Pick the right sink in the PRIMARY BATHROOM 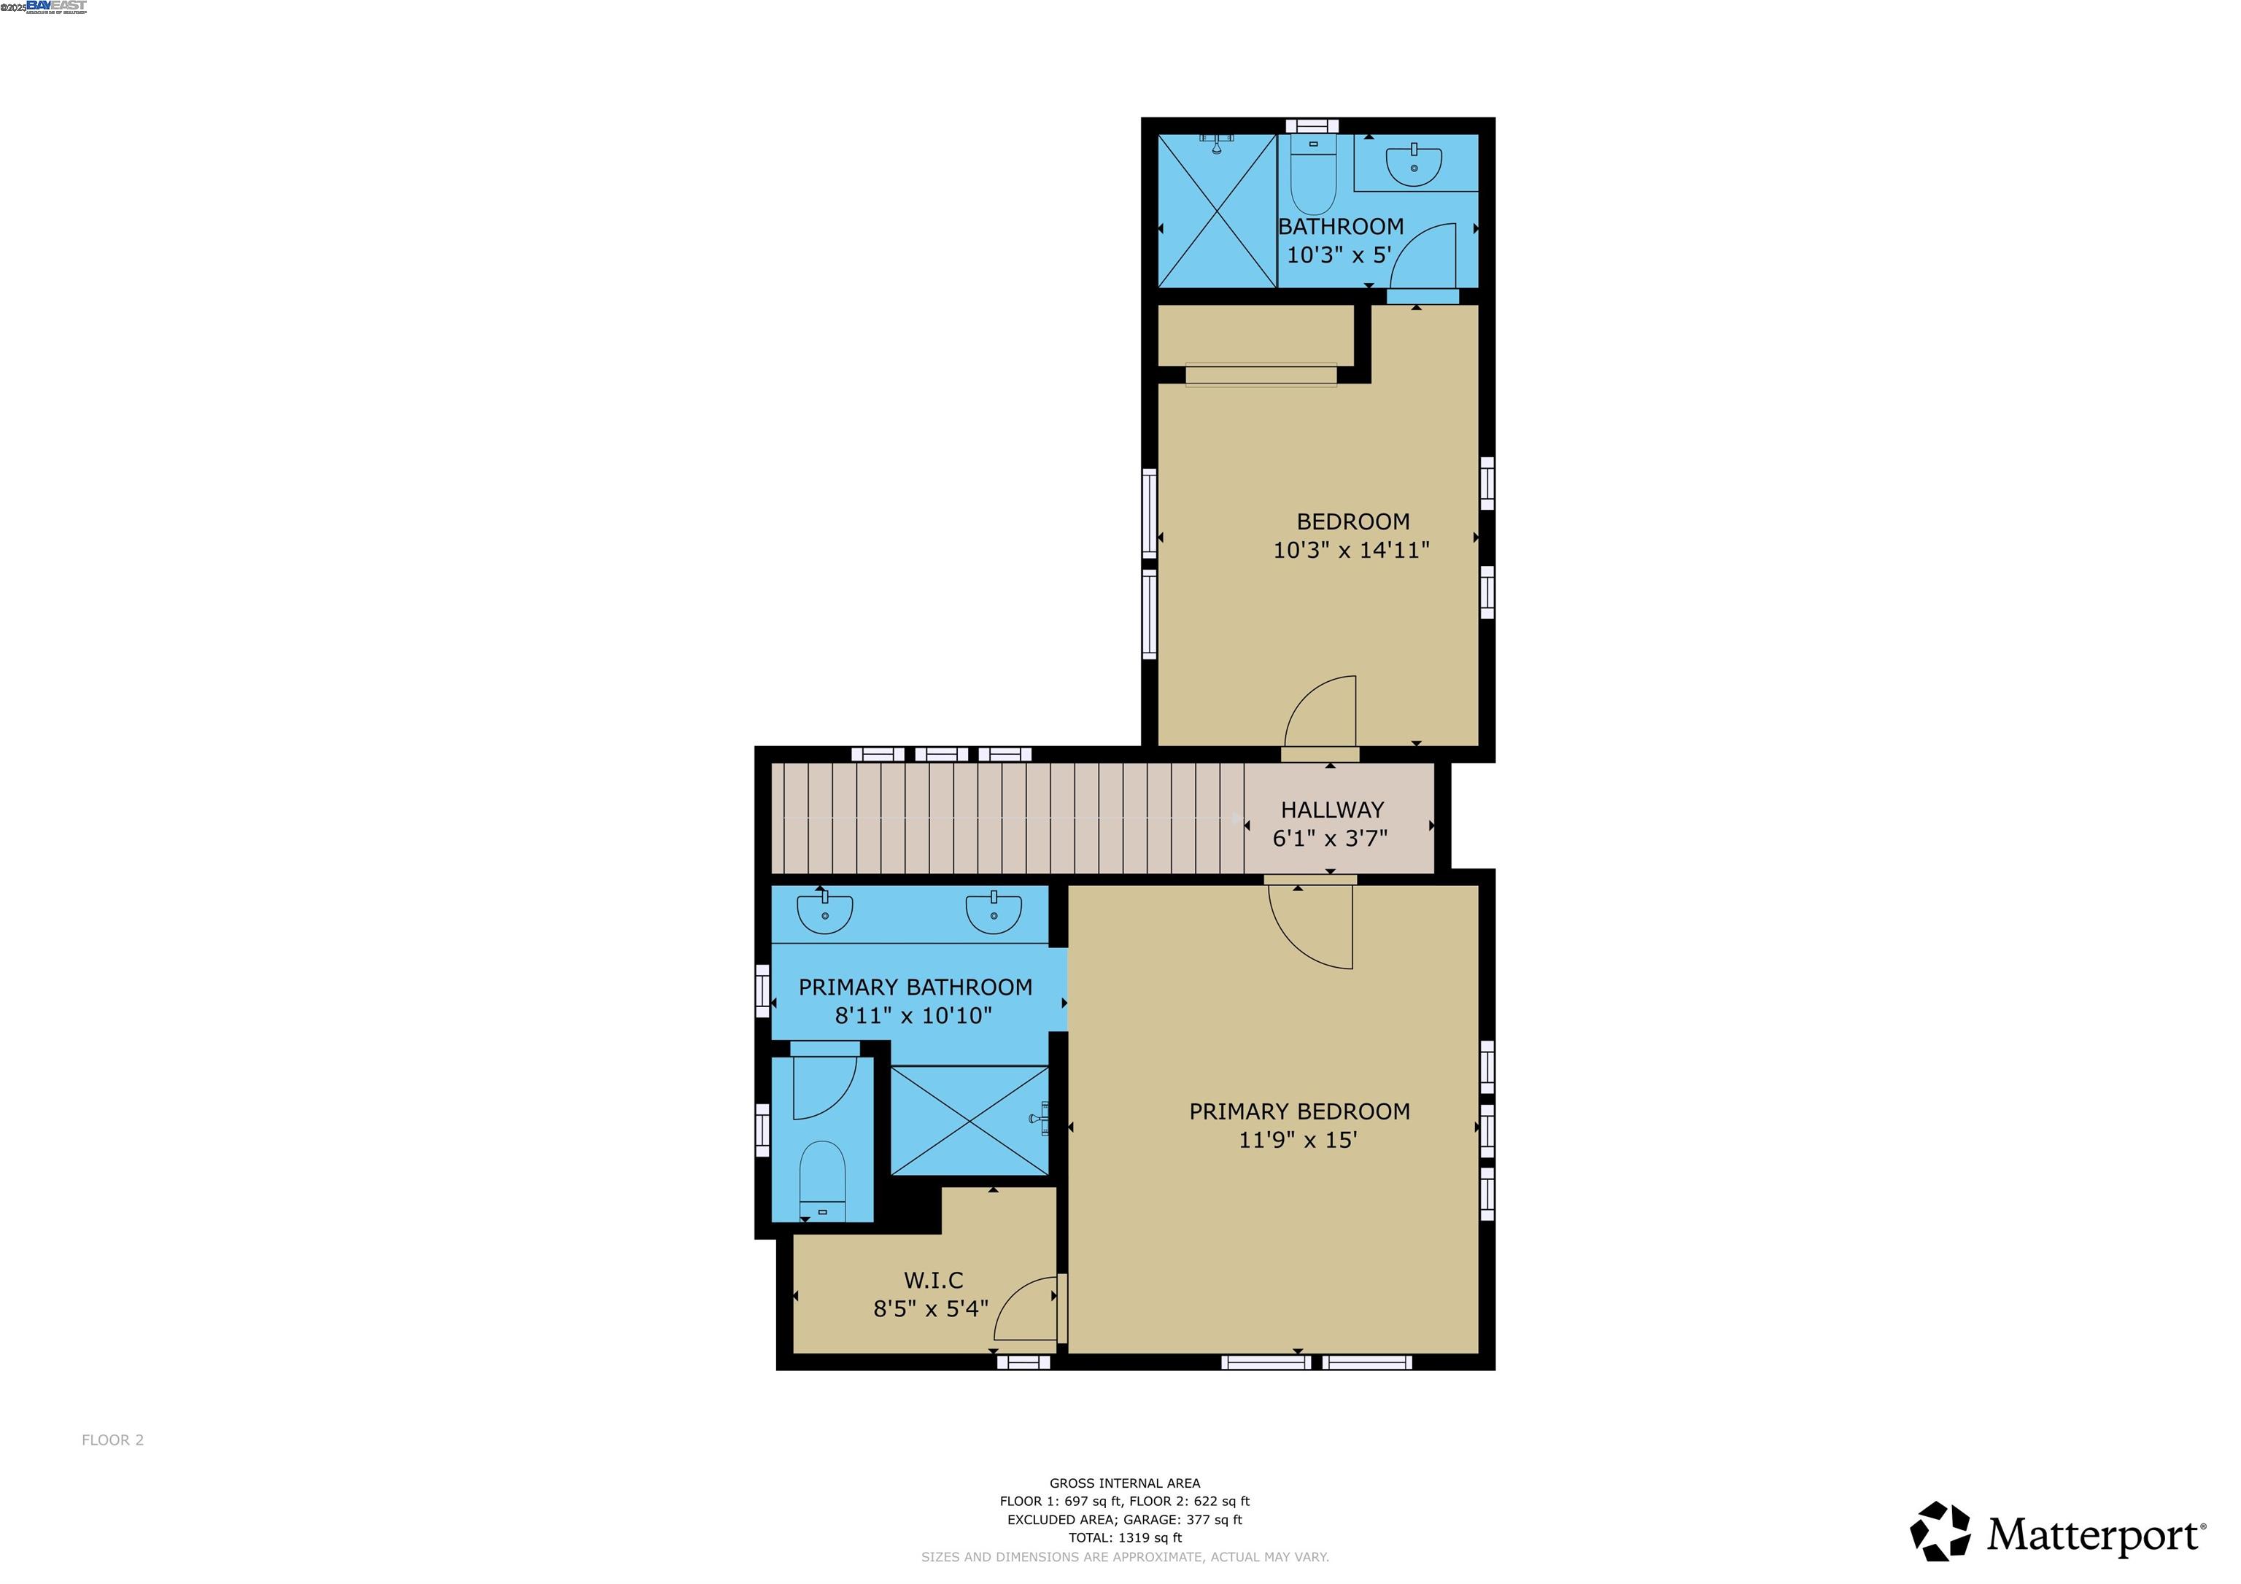pyautogui.click(x=994, y=912)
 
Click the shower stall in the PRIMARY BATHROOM pyautogui.click(x=969, y=1120)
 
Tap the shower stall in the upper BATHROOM pyautogui.click(x=1216, y=211)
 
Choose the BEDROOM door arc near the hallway pyautogui.click(x=1320, y=713)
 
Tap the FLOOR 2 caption pyautogui.click(x=112, y=1440)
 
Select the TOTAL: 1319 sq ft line pyautogui.click(x=1124, y=1537)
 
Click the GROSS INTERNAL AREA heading pyautogui.click(x=1124, y=1483)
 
